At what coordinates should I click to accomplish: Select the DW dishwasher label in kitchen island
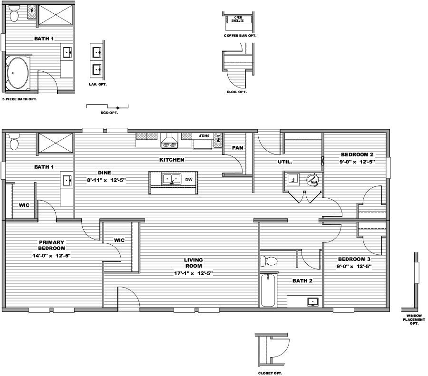coord(188,180)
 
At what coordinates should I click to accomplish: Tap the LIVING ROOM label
coord(193,263)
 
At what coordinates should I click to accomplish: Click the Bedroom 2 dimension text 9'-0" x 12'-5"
coord(357,162)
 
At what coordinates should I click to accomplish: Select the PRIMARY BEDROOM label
coord(52,245)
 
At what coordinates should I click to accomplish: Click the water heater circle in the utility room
coord(313,180)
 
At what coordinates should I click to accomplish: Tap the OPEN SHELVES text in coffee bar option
coord(236,19)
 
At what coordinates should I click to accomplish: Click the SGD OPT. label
coord(109,113)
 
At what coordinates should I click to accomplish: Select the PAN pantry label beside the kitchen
coord(237,148)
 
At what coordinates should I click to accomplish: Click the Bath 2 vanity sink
coord(312,302)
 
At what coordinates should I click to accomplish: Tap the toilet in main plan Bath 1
coord(14,142)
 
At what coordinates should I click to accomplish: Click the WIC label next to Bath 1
coord(25,206)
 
